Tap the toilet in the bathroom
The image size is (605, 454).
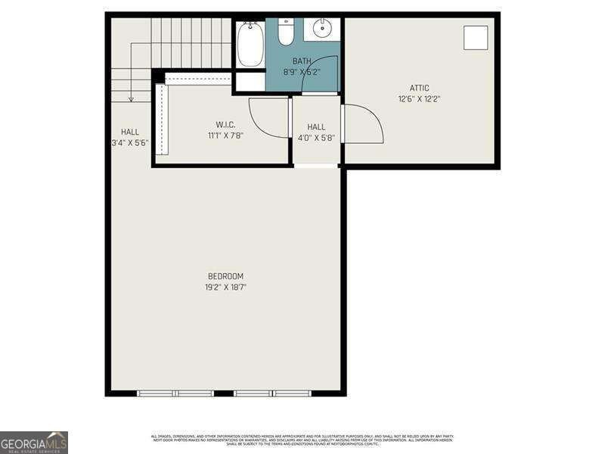coord(286,33)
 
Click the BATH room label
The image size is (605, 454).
coord(302,61)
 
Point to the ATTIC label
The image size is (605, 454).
coord(419,88)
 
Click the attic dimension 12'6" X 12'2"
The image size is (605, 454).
coord(419,98)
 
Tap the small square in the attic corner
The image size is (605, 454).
coord(476,37)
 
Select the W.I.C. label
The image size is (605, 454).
coord(225,125)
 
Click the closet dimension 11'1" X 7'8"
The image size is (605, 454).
coord(225,136)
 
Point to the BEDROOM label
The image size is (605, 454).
coord(225,276)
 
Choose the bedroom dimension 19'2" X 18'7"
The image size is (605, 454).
coord(225,288)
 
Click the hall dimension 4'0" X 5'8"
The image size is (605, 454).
coord(316,138)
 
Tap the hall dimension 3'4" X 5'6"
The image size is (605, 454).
coord(129,142)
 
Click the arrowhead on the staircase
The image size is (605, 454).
coord(131,98)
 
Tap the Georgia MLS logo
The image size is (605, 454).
coord(34,442)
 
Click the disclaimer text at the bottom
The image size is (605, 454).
coord(302,440)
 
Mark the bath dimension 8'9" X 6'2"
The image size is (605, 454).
coord(302,73)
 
